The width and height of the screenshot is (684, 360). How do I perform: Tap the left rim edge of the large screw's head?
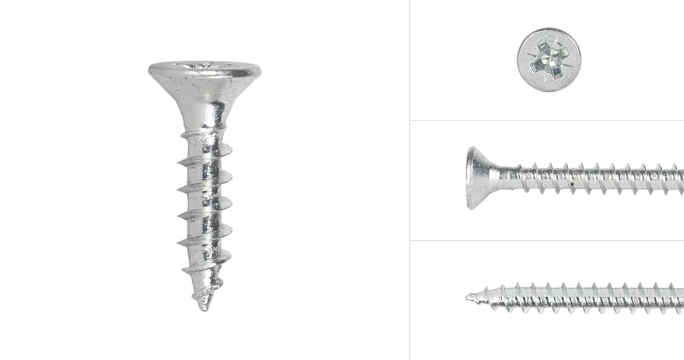[150, 69]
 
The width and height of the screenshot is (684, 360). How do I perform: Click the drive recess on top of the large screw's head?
[206, 65]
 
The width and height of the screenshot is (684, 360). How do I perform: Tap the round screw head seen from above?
[549, 60]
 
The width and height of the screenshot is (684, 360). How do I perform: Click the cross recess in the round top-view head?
[548, 59]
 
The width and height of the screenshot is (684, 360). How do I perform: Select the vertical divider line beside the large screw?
[409, 180]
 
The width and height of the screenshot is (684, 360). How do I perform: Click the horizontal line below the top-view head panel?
[547, 120]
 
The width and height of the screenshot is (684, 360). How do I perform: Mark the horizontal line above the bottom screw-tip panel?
[547, 240]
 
